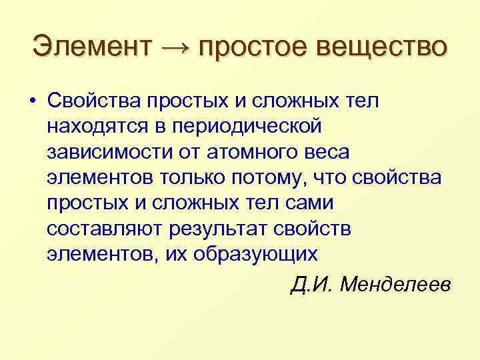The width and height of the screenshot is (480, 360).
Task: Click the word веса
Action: (x=327, y=152)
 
